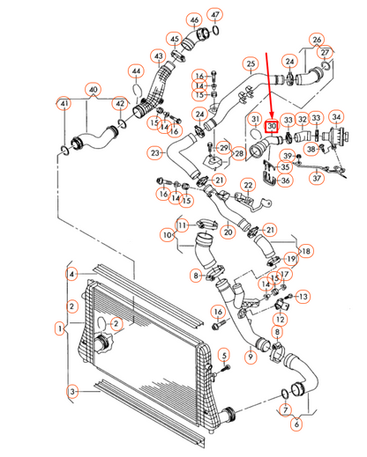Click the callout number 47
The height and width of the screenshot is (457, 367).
(x=215, y=15)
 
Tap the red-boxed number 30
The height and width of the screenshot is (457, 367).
(x=272, y=127)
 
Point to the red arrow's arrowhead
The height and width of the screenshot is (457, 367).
(x=272, y=115)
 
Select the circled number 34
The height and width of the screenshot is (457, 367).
(x=336, y=117)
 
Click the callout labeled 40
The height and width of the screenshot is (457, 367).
(x=93, y=90)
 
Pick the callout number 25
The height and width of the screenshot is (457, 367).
(x=251, y=64)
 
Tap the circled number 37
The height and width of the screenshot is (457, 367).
(x=317, y=178)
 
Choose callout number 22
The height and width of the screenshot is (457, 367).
(x=249, y=185)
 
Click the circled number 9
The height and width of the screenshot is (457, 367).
(x=251, y=357)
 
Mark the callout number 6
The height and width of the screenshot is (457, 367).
(x=296, y=424)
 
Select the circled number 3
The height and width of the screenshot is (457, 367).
(x=72, y=391)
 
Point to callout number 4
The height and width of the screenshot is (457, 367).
(x=71, y=275)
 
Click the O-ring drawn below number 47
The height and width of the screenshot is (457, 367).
(x=215, y=30)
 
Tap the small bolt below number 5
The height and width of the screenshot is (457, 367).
(x=226, y=367)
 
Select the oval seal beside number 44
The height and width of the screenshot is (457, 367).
(x=136, y=90)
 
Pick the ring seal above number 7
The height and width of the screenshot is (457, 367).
(x=285, y=394)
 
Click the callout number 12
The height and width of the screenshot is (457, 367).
(x=280, y=319)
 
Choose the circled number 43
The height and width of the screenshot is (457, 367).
(x=159, y=56)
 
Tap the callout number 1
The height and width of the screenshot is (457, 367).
(x=60, y=328)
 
